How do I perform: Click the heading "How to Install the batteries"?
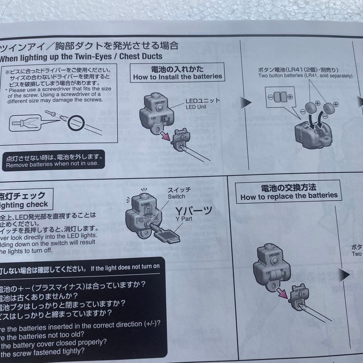pyautogui.click(x=177, y=77)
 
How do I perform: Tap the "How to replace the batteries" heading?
pyautogui.click(x=289, y=196)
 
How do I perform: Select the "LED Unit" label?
pyautogui.click(x=196, y=107)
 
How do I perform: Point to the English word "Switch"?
pyautogui.click(x=176, y=197)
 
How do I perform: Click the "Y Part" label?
pyautogui.click(x=184, y=219)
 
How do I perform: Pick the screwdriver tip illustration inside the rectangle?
pyautogui.click(x=25, y=121)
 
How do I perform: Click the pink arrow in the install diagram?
pyautogui.click(x=165, y=135)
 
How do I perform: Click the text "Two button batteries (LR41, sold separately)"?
pyautogui.click(x=305, y=76)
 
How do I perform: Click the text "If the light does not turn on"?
pyautogui.click(x=125, y=267)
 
